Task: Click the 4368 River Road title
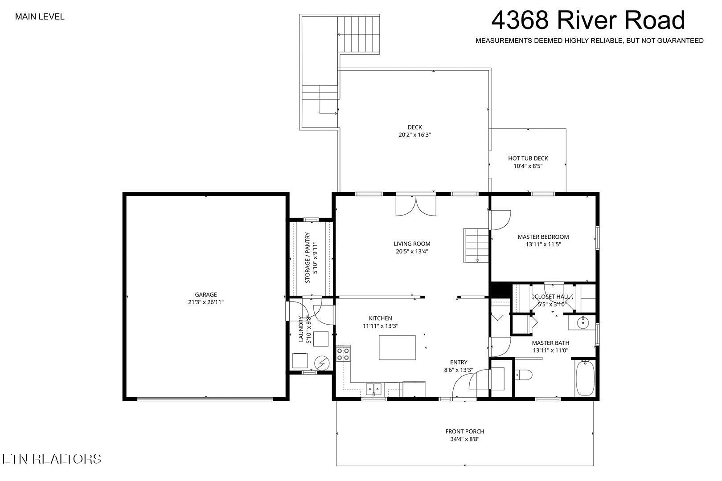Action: coord(588,20)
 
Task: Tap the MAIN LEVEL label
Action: coord(40,17)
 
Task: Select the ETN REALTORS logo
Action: coord(51,459)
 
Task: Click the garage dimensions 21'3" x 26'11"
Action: coord(205,302)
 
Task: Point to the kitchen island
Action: coord(397,347)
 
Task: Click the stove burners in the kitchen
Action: coord(343,354)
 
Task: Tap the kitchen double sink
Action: coord(374,389)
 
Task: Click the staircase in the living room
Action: coord(476,245)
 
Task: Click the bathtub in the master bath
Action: coord(585,378)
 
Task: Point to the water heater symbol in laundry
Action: coord(320,363)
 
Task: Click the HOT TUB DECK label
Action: coord(528,158)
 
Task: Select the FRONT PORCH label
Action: coord(464,431)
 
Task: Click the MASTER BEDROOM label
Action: coord(543,236)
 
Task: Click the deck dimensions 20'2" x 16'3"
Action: coord(414,135)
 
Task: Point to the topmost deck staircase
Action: coord(359,34)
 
